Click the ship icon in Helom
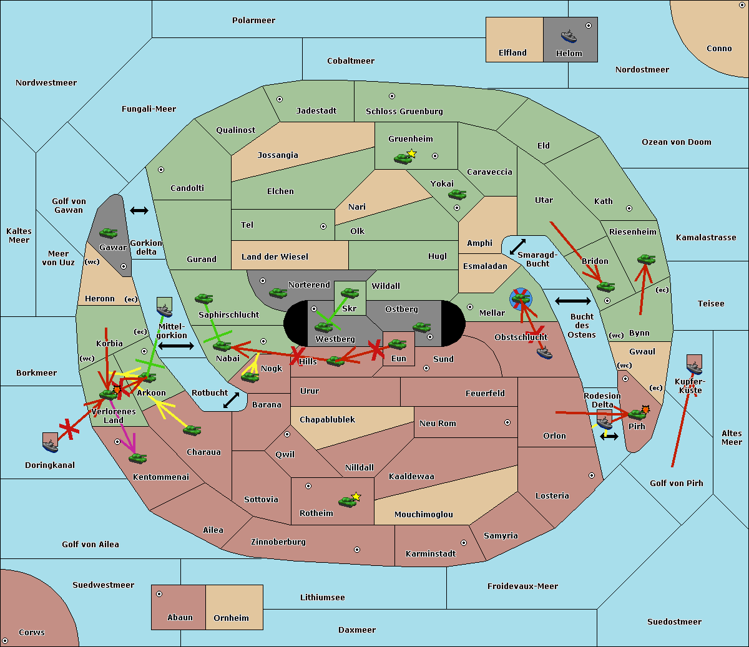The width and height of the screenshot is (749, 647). [x=569, y=36]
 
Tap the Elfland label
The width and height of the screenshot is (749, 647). [x=512, y=53]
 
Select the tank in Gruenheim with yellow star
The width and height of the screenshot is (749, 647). [x=403, y=158]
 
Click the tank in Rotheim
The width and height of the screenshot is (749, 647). [x=348, y=501]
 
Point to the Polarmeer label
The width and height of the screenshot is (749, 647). [x=253, y=21]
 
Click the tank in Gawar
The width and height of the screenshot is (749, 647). [x=109, y=233]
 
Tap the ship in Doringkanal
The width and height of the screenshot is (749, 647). [x=51, y=442]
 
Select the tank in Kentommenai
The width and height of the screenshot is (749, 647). [x=137, y=459]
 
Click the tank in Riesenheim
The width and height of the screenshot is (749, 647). [x=646, y=259]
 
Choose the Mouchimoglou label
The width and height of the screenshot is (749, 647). [x=423, y=515]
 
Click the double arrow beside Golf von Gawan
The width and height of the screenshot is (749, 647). [x=139, y=211]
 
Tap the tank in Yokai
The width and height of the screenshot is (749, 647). [x=458, y=195]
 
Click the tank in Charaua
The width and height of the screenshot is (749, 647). [x=192, y=430]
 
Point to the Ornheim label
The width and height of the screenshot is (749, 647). [x=231, y=618]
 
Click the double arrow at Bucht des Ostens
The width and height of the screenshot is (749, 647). [x=572, y=301]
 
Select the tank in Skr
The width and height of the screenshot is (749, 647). [x=350, y=293]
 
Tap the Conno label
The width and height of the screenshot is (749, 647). [x=719, y=49]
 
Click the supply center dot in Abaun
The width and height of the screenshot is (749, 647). [x=159, y=594]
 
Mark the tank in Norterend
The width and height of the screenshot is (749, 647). [x=278, y=293]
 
